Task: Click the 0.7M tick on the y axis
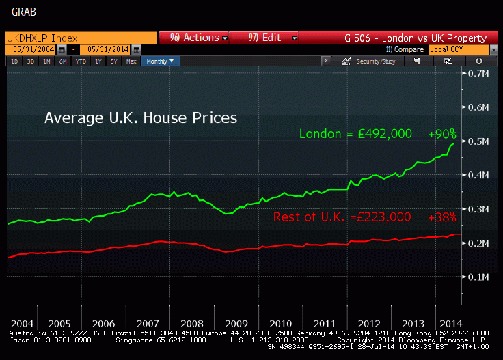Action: point(476,73)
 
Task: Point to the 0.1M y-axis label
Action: point(476,277)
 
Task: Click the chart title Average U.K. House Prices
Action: point(141,117)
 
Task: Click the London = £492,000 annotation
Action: point(355,134)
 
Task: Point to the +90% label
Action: point(442,134)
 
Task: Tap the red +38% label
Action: point(442,217)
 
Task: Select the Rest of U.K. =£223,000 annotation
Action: point(342,217)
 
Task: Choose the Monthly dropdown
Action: point(161,61)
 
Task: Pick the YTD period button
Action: point(80,61)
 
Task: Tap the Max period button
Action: point(131,61)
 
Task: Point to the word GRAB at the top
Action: point(24,12)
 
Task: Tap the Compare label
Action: point(408,50)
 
